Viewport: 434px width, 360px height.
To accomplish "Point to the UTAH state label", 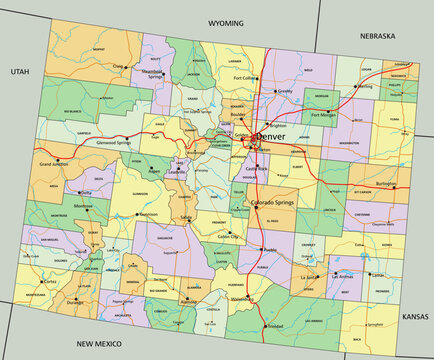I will pyautogui.click(x=20, y=72).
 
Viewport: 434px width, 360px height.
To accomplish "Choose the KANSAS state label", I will pyautogui.click(x=412, y=315).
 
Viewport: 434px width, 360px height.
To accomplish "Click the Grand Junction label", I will pyautogui.click(x=58, y=162).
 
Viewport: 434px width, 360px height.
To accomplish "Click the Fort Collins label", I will pyautogui.click(x=245, y=77).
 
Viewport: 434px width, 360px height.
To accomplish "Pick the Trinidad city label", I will pyautogui.click(x=275, y=327).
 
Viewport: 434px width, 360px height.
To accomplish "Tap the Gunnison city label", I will pyautogui.click(x=148, y=214).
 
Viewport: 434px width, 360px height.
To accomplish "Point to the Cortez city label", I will pyautogui.click(x=49, y=282).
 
